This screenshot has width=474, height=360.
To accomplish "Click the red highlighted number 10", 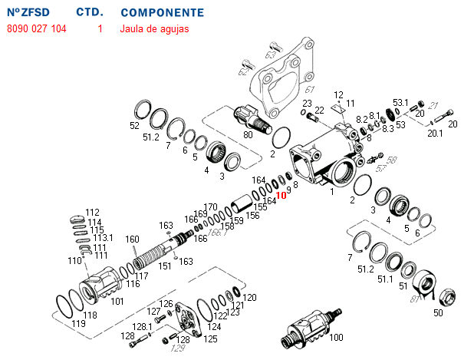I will pyautogui.click(x=281, y=195).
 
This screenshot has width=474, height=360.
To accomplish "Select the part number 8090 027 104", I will pyautogui.click(x=36, y=29).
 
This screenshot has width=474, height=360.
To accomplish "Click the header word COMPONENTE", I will pyautogui.click(x=163, y=13).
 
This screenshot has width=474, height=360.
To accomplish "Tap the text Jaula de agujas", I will pyautogui.click(x=154, y=29).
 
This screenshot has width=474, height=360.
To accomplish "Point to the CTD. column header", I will pyautogui.click(x=91, y=13).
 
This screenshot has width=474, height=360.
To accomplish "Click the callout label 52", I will pyautogui.click(x=135, y=125).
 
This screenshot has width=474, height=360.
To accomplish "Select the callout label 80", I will pyautogui.click(x=248, y=135).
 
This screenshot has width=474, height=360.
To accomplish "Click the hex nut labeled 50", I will pyautogui.click(x=445, y=295).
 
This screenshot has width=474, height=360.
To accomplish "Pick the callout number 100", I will pyautogui.click(x=336, y=337).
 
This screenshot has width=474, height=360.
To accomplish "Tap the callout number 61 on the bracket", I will pyautogui.click(x=290, y=90).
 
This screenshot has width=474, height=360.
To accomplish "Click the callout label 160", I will pyautogui.click(x=133, y=239).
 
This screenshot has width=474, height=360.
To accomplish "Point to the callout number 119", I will pyautogui.click(x=78, y=324).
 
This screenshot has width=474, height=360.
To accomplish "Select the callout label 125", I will pyautogui.click(x=210, y=339).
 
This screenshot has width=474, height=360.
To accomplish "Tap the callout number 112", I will pyautogui.click(x=93, y=213).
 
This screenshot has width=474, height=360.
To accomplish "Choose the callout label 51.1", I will pyautogui.click(x=384, y=280).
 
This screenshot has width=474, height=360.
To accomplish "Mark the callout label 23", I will pyautogui.click(x=307, y=103).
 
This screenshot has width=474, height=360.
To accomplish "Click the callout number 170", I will pyautogui.click(x=212, y=207).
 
